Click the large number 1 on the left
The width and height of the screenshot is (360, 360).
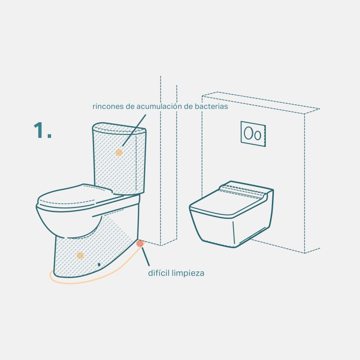pyautogui.click(x=38, y=130)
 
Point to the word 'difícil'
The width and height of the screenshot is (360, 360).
pyautogui.click(x=159, y=273)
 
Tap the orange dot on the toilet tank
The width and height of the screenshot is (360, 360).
pyautogui.click(x=119, y=153)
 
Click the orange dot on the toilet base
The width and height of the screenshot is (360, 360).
pyautogui.click(x=80, y=255)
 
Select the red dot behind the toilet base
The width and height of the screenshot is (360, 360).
pyautogui.click(x=140, y=243)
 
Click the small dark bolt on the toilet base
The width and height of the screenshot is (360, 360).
pyautogui.click(x=99, y=264)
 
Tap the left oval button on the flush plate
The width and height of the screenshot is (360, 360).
pyautogui.click(x=248, y=133)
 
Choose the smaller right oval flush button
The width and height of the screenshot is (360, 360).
pyautogui.click(x=258, y=135)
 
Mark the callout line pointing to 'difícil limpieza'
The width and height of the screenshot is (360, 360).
pyautogui.click(x=145, y=257)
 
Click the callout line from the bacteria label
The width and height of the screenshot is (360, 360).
pyautogui.click(x=134, y=130)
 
